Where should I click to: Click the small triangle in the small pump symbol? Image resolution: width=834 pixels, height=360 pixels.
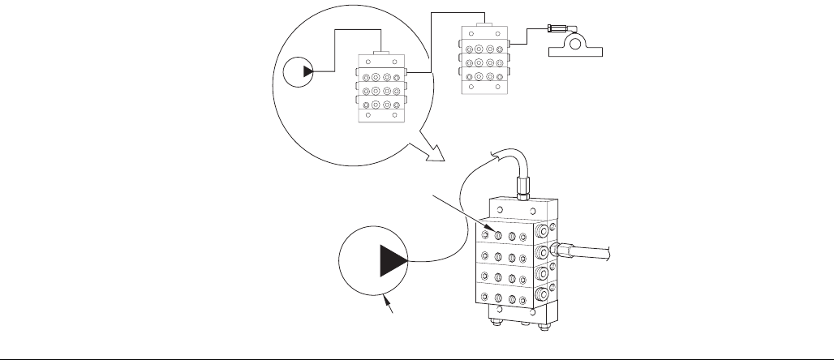click(307, 72)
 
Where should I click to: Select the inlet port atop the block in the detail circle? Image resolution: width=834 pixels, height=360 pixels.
click(381, 54)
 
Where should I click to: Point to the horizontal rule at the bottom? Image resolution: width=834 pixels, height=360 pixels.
click(417, 354)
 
